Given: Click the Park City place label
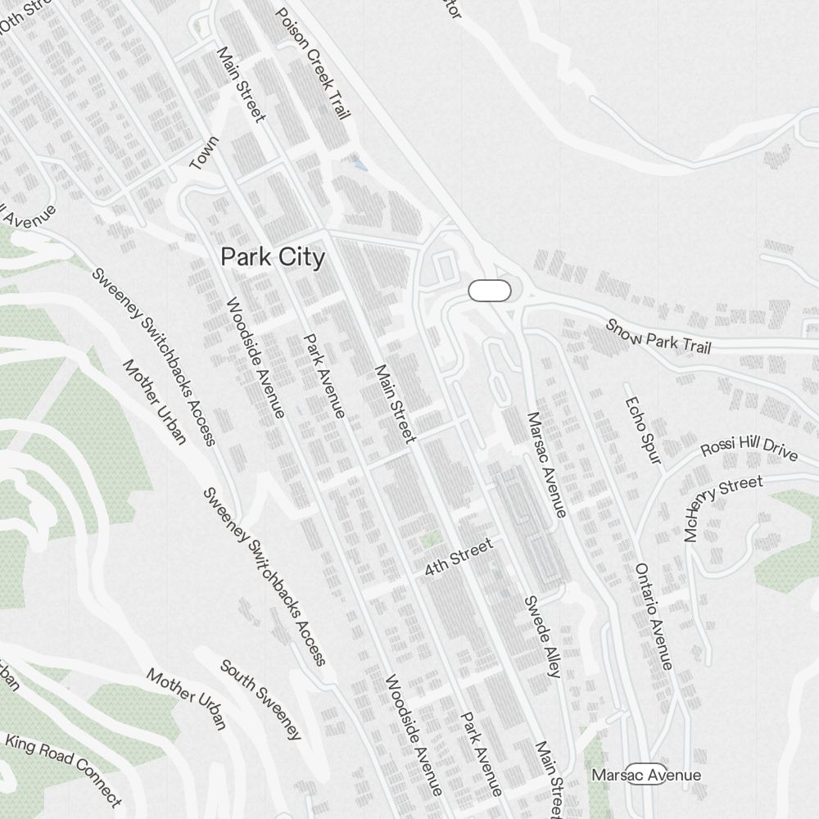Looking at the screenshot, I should [x=273, y=257].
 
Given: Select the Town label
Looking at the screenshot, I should [x=204, y=153].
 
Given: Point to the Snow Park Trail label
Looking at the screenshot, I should [x=658, y=336].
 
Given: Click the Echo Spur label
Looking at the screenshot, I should [x=642, y=430].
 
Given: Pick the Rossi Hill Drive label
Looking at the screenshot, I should [x=749, y=448].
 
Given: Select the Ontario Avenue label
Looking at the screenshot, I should [x=654, y=616].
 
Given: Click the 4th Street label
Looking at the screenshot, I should [x=459, y=557].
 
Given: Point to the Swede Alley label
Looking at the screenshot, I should [x=541, y=636].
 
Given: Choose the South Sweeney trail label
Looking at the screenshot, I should [x=260, y=699].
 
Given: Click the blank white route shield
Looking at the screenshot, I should [x=490, y=291].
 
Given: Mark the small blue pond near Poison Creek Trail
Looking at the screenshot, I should [x=359, y=164].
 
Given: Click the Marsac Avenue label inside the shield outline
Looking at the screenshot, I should [x=646, y=775].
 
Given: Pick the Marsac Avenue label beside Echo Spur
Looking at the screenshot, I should [x=546, y=464].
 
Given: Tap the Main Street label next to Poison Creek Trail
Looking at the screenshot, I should [x=241, y=84].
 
